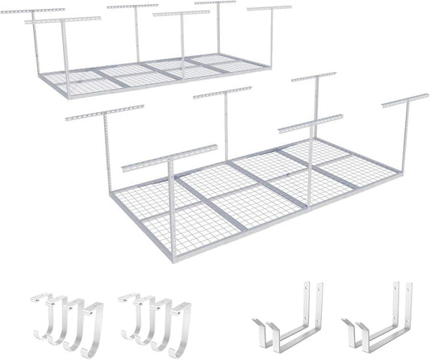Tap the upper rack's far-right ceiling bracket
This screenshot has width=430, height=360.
pyautogui.click(x=269, y=10)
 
